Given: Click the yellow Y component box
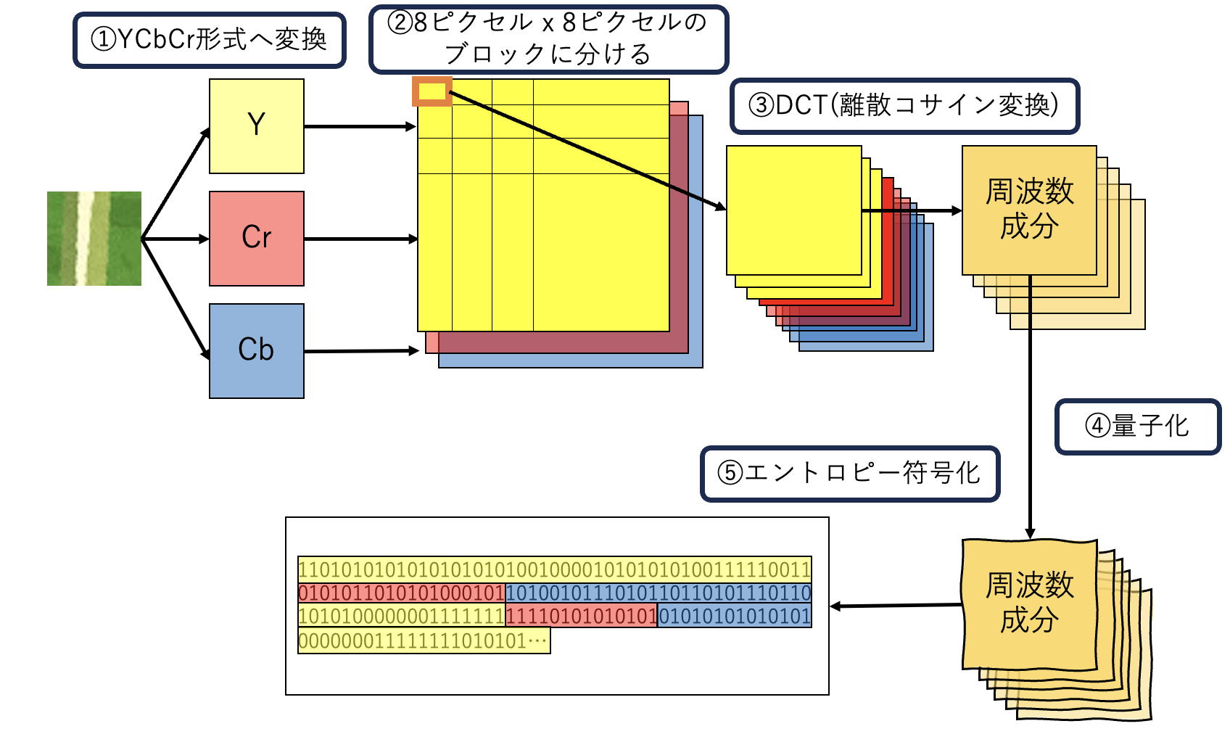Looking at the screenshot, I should coord(256,126).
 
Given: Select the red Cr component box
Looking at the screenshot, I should coord(256,238).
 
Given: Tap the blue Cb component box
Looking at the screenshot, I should coord(256,350).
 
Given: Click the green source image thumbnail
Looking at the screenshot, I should coord(94,238).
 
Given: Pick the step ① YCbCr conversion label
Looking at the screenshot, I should coord(209,40).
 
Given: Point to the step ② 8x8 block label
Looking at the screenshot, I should coord(548,39).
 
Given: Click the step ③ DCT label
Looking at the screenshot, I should coord(904,106).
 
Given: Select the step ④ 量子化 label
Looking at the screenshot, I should coord(1137,426).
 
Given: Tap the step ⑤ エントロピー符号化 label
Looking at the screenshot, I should coord(849,474).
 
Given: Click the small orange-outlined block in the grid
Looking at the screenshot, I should coord(432,91).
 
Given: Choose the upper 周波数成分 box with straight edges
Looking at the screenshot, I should coord(1028,210).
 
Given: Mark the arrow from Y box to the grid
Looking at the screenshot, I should coord(360,126).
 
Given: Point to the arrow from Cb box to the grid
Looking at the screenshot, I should coord(361,351).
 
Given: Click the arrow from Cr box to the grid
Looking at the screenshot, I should coord(360,238).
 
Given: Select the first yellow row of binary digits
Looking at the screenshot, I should coord(554,569).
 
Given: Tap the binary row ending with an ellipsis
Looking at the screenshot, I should coord(424,641).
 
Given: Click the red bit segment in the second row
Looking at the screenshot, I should coord(401,593).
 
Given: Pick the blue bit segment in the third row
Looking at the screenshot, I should coord(734,617).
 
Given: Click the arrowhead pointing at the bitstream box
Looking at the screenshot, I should coord(835,606).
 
